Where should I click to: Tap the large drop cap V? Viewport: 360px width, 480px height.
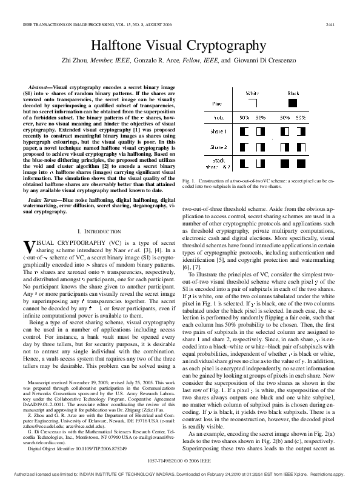click(28, 246)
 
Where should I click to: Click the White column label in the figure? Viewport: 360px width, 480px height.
click(252, 93)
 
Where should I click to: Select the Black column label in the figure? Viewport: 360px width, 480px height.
click(293, 93)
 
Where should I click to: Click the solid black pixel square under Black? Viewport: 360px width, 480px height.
click(293, 104)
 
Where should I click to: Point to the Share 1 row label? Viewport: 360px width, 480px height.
click(219, 132)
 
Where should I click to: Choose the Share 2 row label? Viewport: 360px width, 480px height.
click(219, 147)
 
